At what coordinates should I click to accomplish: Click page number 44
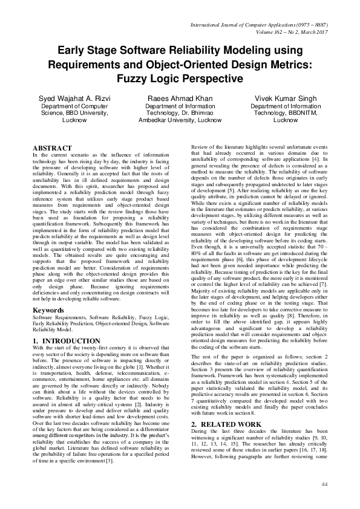coord(324,484)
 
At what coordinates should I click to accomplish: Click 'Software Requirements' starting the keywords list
coord(58,317)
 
